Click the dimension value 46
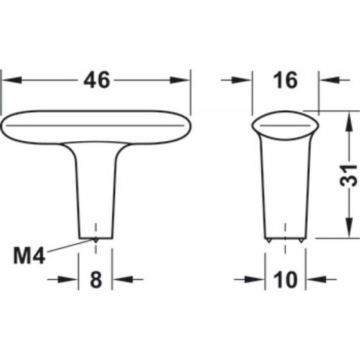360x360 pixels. click(97, 80)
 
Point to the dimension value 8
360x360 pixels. click(97, 280)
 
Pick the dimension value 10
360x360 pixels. click(285, 280)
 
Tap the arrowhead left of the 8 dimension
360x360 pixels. click(72, 280)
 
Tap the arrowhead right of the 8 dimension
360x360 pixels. click(119, 280)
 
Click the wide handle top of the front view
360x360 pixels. click(97, 127)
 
